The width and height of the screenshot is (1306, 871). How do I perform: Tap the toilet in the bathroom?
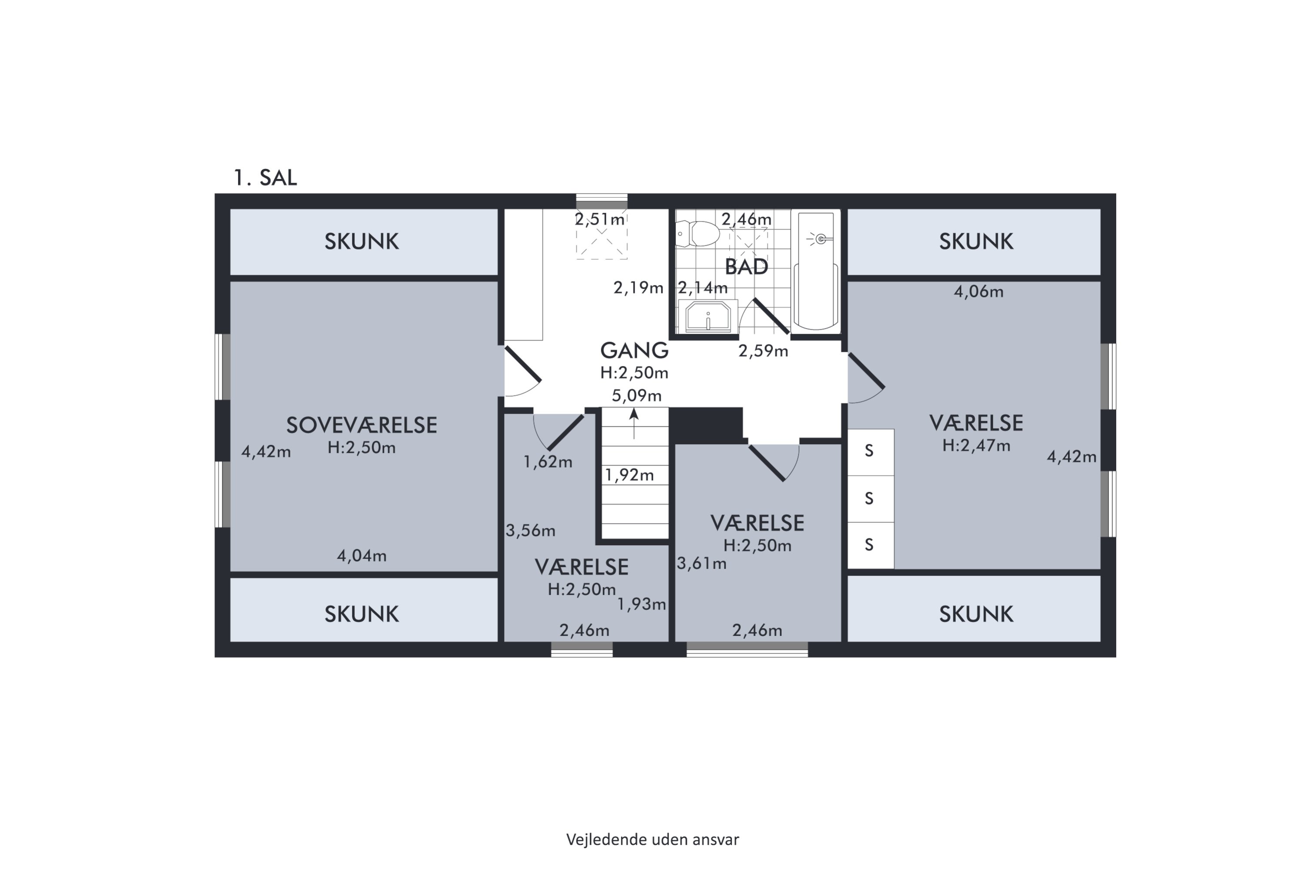[697, 233]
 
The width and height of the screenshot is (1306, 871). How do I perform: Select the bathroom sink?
[708, 317]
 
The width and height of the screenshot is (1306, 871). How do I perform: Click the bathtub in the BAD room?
[816, 271]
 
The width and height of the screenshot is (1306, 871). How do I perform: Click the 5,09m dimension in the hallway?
[637, 395]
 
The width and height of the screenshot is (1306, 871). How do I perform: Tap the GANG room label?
[634, 351]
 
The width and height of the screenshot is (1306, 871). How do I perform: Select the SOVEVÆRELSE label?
[361, 425]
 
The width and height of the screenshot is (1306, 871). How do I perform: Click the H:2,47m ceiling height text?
[976, 446]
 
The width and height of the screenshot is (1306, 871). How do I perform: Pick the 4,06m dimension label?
[978, 292]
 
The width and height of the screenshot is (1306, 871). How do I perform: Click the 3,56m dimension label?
[530, 530]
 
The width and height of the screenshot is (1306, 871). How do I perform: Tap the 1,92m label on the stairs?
[629, 475]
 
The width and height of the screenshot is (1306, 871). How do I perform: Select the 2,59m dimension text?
[763, 351]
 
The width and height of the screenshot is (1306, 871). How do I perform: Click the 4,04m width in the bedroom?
[361, 556]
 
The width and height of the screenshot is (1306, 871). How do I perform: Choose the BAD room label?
[746, 267]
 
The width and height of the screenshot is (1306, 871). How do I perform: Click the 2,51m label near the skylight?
[600, 219]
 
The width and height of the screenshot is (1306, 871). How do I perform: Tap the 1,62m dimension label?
[548, 462]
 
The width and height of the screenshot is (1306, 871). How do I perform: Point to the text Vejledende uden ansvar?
[653, 839]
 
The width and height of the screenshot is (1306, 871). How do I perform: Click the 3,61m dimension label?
[701, 564]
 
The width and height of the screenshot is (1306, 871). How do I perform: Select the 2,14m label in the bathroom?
[703, 288]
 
